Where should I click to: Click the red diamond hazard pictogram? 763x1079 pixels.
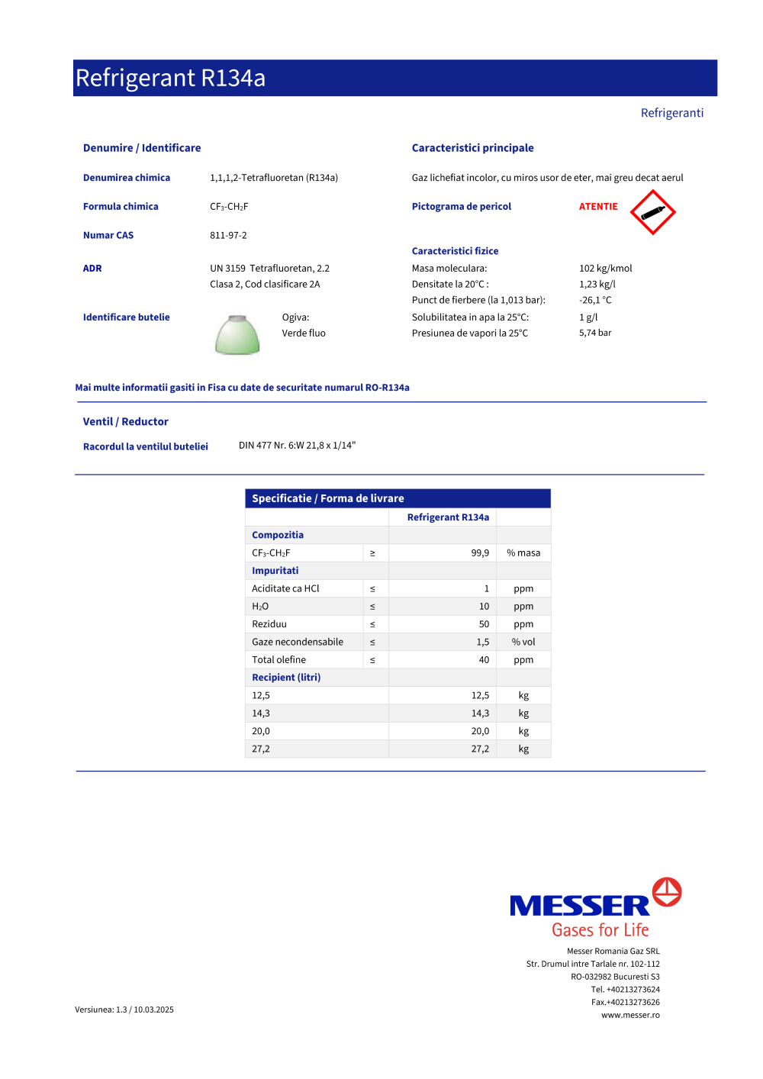click(x=653, y=212)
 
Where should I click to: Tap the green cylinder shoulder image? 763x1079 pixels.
click(x=238, y=335)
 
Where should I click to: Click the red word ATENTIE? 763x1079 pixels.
click(x=598, y=207)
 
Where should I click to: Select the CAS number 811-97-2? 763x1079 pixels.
click(x=228, y=236)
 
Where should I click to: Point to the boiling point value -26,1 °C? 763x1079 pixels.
click(x=595, y=301)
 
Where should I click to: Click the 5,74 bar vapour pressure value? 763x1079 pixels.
click(x=595, y=333)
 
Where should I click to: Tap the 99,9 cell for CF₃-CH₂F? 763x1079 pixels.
click(x=480, y=553)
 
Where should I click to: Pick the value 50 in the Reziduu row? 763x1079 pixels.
click(x=484, y=624)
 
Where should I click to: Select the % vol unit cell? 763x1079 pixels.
click(x=523, y=643)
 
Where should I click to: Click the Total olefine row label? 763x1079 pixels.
click(x=278, y=660)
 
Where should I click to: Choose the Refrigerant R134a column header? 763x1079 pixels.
click(x=448, y=517)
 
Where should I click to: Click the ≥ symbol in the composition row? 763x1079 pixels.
click(x=372, y=553)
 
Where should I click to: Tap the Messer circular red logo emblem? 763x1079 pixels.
click(x=667, y=892)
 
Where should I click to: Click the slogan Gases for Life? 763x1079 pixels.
click(x=600, y=930)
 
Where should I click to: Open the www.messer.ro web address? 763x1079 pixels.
click(x=630, y=1016)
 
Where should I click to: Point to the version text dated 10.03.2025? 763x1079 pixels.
click(x=124, y=1010)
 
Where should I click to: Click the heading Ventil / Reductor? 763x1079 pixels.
click(x=126, y=422)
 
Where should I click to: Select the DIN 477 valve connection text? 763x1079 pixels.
click(x=297, y=446)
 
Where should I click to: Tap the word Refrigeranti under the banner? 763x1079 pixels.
click(x=671, y=113)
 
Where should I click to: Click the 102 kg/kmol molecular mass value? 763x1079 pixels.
click(x=605, y=269)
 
